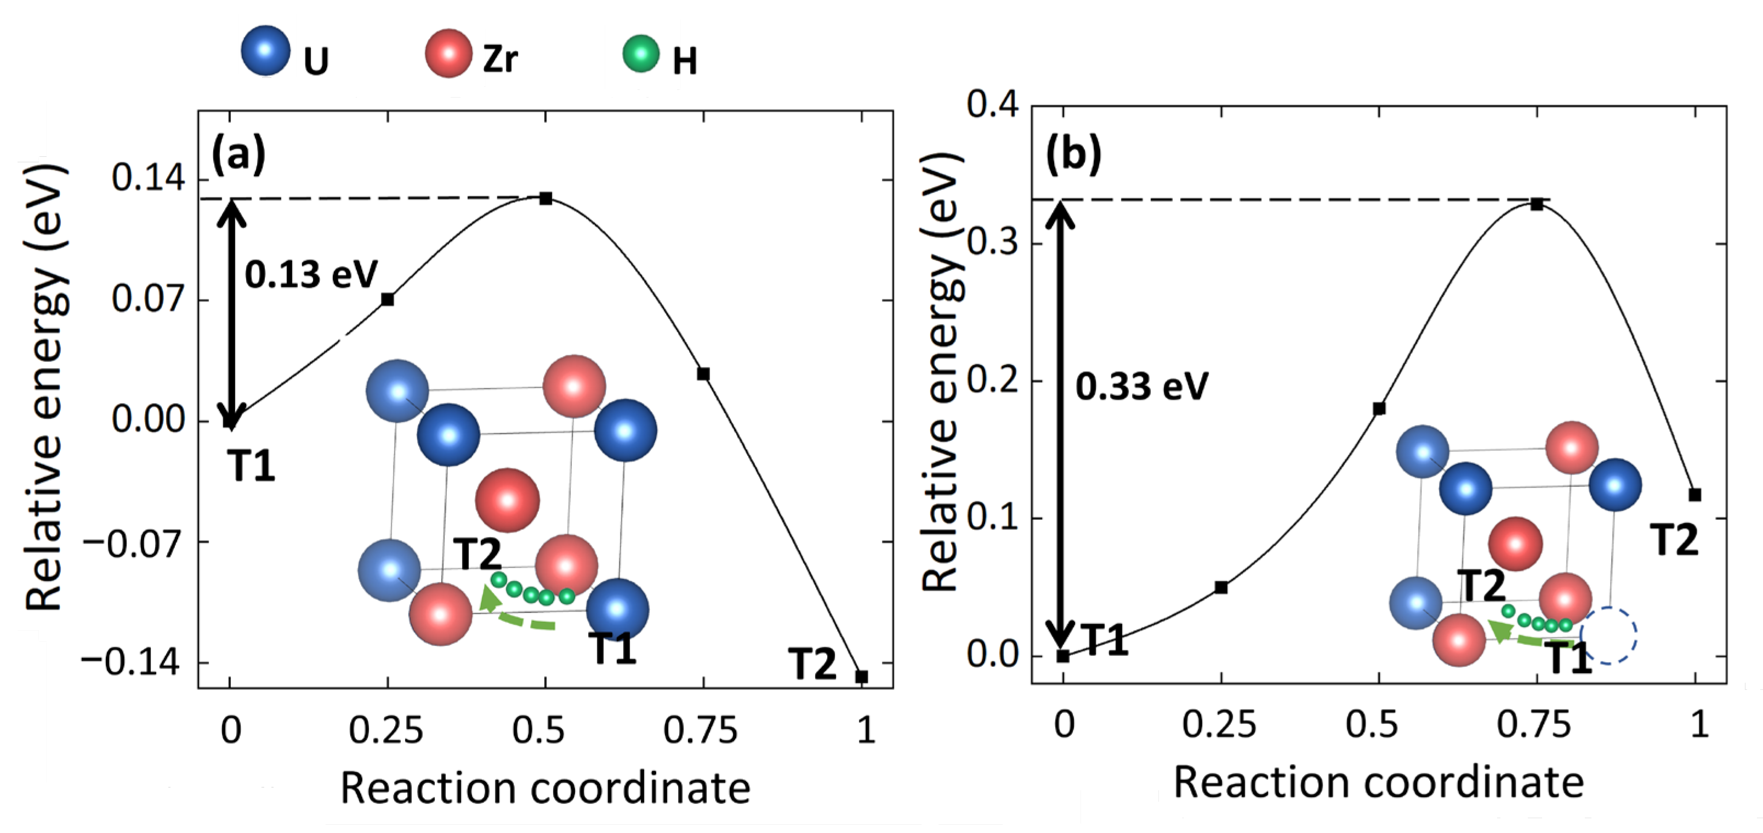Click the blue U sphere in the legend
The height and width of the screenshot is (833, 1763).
(x=265, y=50)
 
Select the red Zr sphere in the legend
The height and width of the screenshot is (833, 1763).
(x=448, y=53)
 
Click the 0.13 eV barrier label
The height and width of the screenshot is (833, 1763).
(x=311, y=275)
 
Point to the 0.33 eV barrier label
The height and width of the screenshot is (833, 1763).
(x=1141, y=387)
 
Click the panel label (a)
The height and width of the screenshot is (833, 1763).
(x=238, y=155)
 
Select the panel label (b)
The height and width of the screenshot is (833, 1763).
(x=1073, y=154)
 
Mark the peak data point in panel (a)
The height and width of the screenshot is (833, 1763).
(x=545, y=199)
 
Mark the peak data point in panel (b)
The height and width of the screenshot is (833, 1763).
(x=1537, y=204)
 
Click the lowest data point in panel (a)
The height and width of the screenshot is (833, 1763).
(x=862, y=677)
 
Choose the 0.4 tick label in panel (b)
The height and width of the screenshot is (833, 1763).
(x=992, y=106)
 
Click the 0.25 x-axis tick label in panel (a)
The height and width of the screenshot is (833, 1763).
(x=386, y=730)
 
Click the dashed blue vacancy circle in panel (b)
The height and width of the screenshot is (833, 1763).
(x=1608, y=635)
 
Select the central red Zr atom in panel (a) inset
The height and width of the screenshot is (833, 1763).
(x=507, y=500)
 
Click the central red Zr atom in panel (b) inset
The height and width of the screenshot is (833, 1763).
(x=1515, y=544)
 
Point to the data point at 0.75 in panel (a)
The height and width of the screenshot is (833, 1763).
(x=703, y=373)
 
